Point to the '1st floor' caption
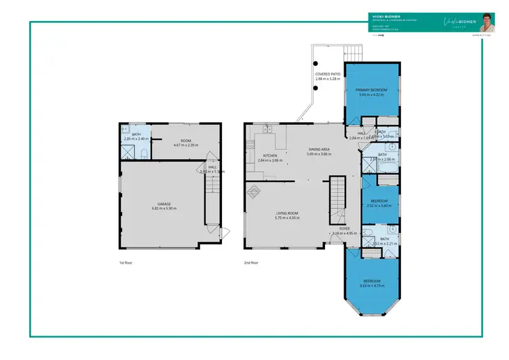coord(124,262)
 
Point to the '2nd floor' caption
coord(250,262)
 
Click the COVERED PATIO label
coord(328,73)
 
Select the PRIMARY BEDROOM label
coord(371,89)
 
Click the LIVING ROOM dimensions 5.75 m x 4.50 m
coord(288,218)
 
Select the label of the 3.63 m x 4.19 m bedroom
coord(371,281)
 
